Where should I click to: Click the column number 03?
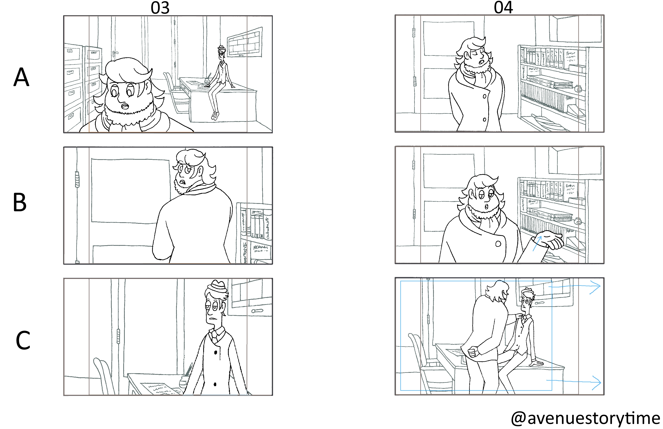[x=160, y=8]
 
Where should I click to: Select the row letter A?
[x=21, y=77]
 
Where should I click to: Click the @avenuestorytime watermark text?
[x=586, y=418]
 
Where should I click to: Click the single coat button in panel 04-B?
[x=498, y=244]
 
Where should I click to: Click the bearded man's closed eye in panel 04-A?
[x=472, y=54]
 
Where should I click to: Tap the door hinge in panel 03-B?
[x=77, y=179]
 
